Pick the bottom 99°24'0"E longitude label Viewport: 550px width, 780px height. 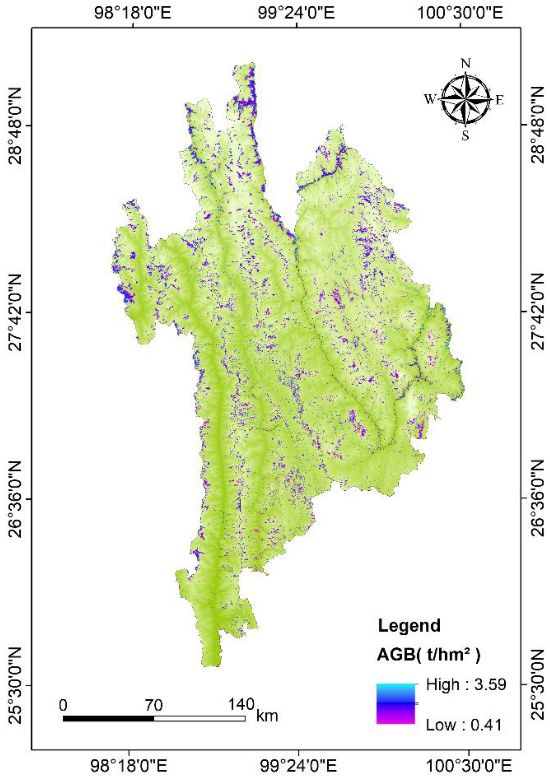(x=299, y=764)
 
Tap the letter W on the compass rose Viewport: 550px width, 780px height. (x=430, y=100)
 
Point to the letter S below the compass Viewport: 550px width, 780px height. (x=465, y=136)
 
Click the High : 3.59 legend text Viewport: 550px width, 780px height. (x=466, y=684)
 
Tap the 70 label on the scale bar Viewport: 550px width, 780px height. (x=154, y=704)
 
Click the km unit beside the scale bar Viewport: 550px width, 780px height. (x=267, y=716)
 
